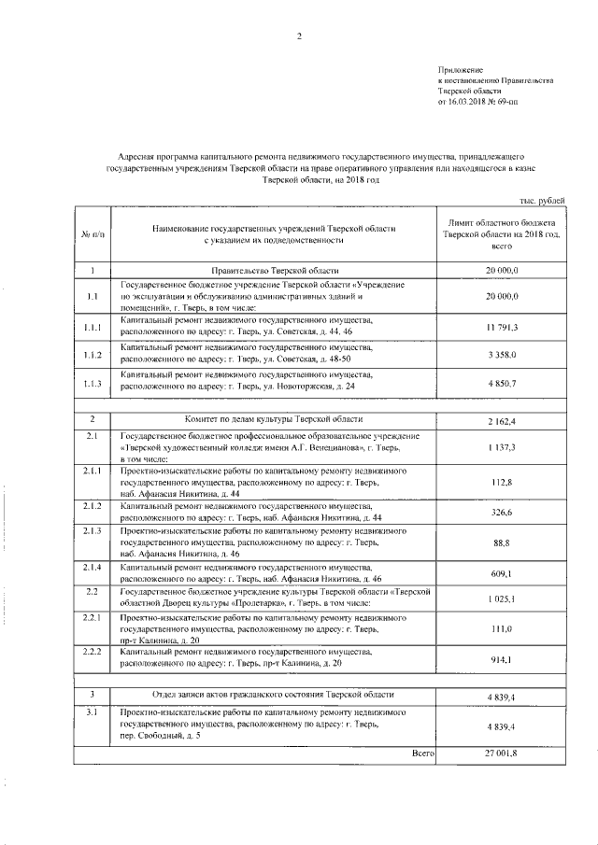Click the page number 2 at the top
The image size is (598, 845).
click(299, 36)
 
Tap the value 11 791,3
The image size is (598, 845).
click(501, 328)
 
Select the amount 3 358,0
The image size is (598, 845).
click(501, 355)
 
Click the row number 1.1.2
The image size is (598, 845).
click(92, 355)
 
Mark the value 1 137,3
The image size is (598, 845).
click(501, 448)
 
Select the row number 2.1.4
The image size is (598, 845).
click(92, 568)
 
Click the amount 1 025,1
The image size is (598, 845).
click(501, 597)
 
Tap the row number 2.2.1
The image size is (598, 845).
click(92, 619)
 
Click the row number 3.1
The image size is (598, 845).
click(92, 712)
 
